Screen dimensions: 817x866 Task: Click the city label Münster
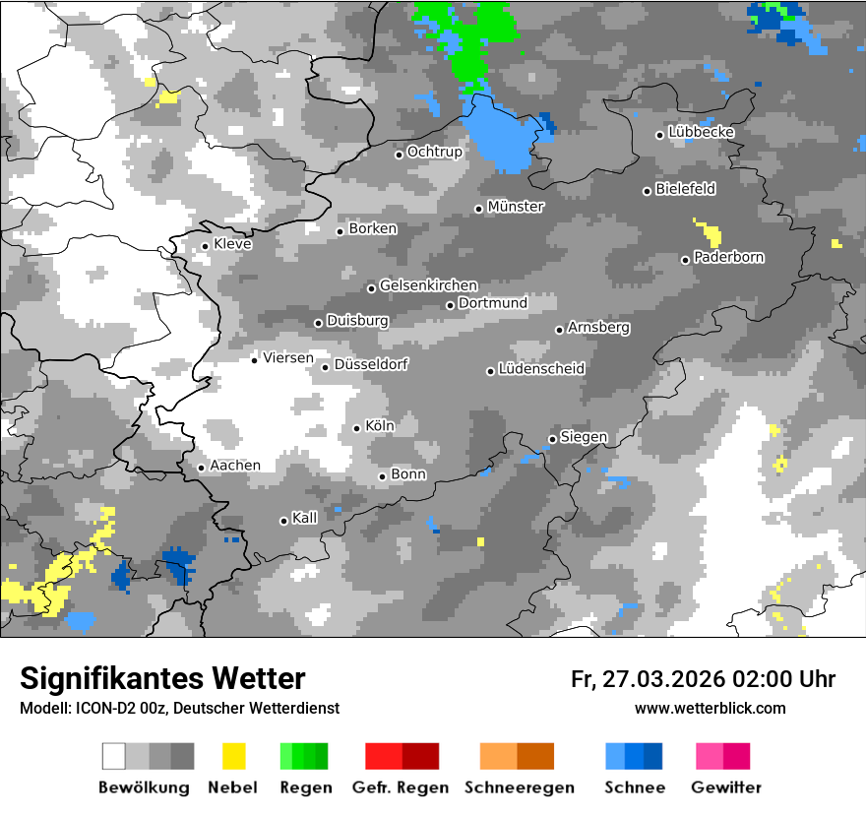(516, 207)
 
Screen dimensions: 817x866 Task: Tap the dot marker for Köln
(357, 428)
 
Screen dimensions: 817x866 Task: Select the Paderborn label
(729, 258)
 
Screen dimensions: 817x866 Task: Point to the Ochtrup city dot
(399, 155)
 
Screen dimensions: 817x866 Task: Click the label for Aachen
(235, 466)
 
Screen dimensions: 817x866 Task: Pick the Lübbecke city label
(702, 132)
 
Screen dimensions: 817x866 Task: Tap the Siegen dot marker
(552, 439)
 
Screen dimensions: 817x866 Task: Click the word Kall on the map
(305, 518)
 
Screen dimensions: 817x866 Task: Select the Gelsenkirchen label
(428, 285)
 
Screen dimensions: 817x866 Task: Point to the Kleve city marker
(205, 246)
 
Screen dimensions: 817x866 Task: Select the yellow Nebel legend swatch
(233, 756)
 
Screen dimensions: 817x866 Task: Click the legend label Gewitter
(725, 787)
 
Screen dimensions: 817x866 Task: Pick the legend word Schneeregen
(520, 787)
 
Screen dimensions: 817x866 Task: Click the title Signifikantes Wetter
(162, 678)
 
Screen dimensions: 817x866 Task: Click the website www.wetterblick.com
(711, 708)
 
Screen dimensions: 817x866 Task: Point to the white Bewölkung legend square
(114, 756)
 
